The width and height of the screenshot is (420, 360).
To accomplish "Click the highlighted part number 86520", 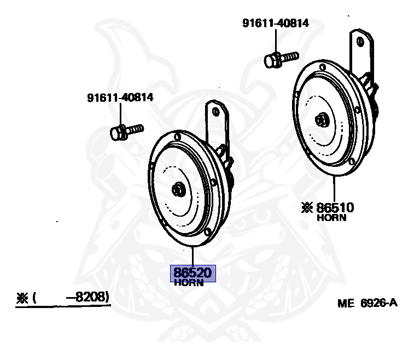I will [194, 272].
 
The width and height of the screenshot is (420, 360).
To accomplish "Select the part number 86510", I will [335, 208].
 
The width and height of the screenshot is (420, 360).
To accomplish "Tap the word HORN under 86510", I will [332, 218].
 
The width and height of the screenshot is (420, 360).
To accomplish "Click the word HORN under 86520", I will [189, 283].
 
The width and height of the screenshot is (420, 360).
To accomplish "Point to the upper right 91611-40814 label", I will [276, 24].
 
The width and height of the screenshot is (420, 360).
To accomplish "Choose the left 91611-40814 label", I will [120, 98].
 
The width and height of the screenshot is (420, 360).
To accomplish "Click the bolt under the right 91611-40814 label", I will [279, 59].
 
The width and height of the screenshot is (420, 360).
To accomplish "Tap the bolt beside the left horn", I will [125, 131].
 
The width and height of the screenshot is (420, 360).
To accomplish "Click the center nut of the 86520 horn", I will [178, 190].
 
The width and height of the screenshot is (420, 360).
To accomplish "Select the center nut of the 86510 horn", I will [320, 119].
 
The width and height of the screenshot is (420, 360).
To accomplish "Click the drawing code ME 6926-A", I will [367, 303].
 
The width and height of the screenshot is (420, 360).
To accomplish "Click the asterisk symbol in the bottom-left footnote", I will [22, 298].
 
